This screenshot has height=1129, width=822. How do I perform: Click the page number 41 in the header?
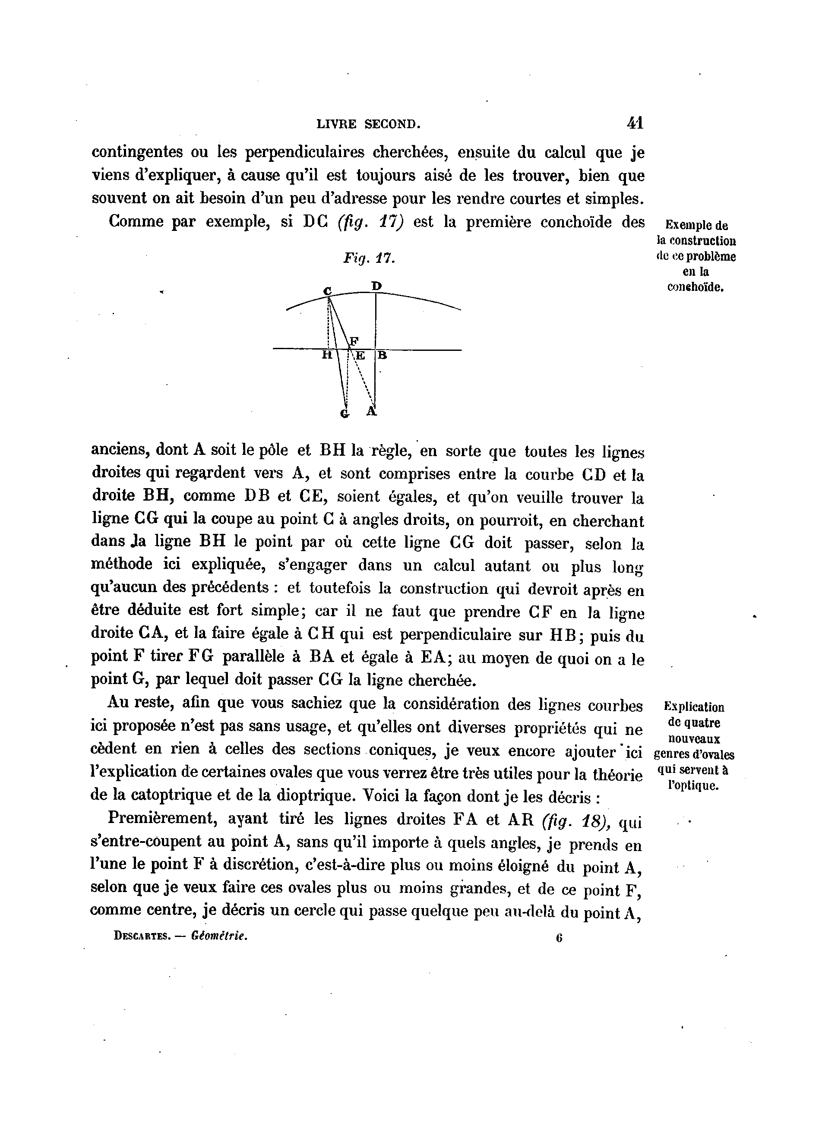point(635,123)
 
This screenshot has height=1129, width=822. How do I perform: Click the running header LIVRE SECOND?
point(368,124)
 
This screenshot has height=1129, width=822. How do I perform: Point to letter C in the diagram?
point(327,291)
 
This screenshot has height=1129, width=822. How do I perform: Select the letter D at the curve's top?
point(376,286)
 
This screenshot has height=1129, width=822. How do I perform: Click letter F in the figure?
point(354,341)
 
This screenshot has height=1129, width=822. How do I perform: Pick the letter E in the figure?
point(360,356)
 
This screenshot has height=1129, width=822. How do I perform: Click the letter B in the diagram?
point(382,356)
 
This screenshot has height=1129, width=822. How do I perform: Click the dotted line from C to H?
point(329,324)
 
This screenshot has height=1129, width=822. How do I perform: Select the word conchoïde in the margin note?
point(695,287)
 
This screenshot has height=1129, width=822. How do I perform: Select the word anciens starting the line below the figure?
point(120,450)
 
